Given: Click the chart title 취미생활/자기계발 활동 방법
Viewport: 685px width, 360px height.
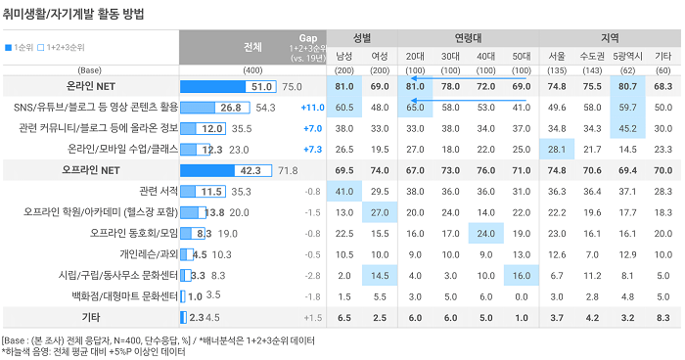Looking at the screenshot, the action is [x=73, y=14].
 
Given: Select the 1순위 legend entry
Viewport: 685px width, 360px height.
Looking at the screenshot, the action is [x=19, y=47].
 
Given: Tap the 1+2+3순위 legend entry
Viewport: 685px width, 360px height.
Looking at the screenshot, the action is [x=61, y=47].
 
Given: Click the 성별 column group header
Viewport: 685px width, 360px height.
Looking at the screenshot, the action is [x=362, y=38].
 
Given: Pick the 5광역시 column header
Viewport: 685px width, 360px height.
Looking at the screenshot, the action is [x=627, y=56].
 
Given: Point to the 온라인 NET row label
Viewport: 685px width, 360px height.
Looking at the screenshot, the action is [x=91, y=86].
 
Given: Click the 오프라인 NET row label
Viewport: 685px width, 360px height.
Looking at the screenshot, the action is [x=91, y=170].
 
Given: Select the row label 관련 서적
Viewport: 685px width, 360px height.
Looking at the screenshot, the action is [x=159, y=191].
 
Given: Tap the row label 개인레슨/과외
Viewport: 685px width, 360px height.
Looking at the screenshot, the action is [x=149, y=253].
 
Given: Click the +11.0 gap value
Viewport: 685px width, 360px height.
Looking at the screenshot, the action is [x=313, y=108].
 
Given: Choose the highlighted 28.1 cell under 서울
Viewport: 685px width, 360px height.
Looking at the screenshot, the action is [x=557, y=150].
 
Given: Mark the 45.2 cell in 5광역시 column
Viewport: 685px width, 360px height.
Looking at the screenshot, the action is [x=627, y=128].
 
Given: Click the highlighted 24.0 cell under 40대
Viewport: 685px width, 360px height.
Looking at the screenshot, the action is [x=485, y=233].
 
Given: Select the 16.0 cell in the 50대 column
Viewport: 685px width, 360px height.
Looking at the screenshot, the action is [x=522, y=275].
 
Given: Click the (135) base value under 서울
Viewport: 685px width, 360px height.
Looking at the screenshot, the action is [x=557, y=70].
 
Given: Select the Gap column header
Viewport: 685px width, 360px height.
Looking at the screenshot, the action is [x=308, y=38].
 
